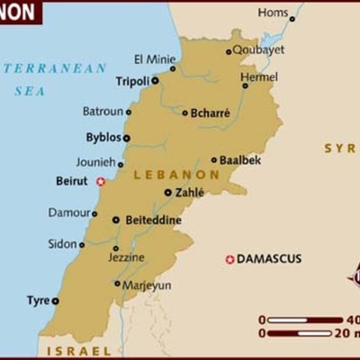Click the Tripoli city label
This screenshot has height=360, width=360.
point(131,80)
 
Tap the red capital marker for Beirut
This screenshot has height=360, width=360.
point(101,182)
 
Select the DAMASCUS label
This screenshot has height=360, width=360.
point(270,259)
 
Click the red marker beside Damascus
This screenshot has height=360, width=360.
point(229,259)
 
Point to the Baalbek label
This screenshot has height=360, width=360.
point(239,160)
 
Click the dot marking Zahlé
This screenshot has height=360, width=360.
point(168,193)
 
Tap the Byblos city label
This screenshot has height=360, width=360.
point(103,138)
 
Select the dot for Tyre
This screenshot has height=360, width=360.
point(56,301)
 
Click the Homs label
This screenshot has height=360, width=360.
point(273,13)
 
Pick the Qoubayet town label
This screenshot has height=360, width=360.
point(258,50)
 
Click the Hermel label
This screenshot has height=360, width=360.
point(259,76)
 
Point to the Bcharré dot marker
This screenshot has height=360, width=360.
point(185,113)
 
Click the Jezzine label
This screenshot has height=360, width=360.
point(125,257)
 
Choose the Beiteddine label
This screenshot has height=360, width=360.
point(152,220)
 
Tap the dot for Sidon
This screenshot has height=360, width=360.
point(82,245)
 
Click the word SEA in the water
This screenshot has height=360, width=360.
point(31,91)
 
